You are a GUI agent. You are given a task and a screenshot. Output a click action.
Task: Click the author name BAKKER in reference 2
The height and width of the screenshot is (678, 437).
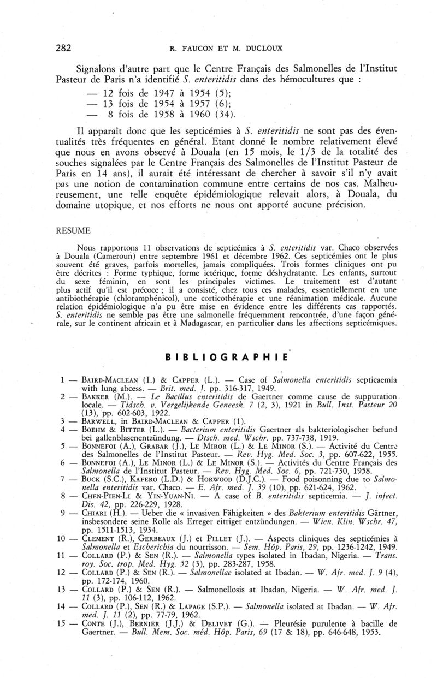click(x=92, y=396)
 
